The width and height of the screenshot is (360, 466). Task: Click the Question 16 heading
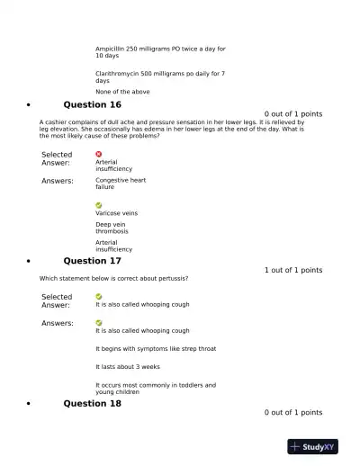point(92,104)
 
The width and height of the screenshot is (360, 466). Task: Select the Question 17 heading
point(92,261)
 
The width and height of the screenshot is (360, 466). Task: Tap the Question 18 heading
point(92,403)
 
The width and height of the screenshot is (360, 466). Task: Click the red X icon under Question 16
point(99,154)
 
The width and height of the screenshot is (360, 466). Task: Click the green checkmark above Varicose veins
point(99,205)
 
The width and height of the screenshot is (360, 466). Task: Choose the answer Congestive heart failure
point(120,184)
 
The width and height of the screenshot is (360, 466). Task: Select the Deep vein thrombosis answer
point(113,228)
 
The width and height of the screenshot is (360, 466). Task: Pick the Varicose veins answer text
point(116,213)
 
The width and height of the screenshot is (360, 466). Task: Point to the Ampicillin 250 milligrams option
point(160,52)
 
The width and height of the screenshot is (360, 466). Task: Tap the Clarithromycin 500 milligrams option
point(160,76)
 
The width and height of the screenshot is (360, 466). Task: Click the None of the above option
point(122,92)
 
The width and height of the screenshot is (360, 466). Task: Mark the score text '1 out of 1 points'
point(292,270)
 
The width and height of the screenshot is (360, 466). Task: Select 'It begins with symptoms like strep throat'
point(155,348)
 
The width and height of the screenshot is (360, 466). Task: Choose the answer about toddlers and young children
point(155,389)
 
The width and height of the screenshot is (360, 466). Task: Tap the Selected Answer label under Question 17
point(57,300)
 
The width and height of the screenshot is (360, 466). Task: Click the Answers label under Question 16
point(58,181)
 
